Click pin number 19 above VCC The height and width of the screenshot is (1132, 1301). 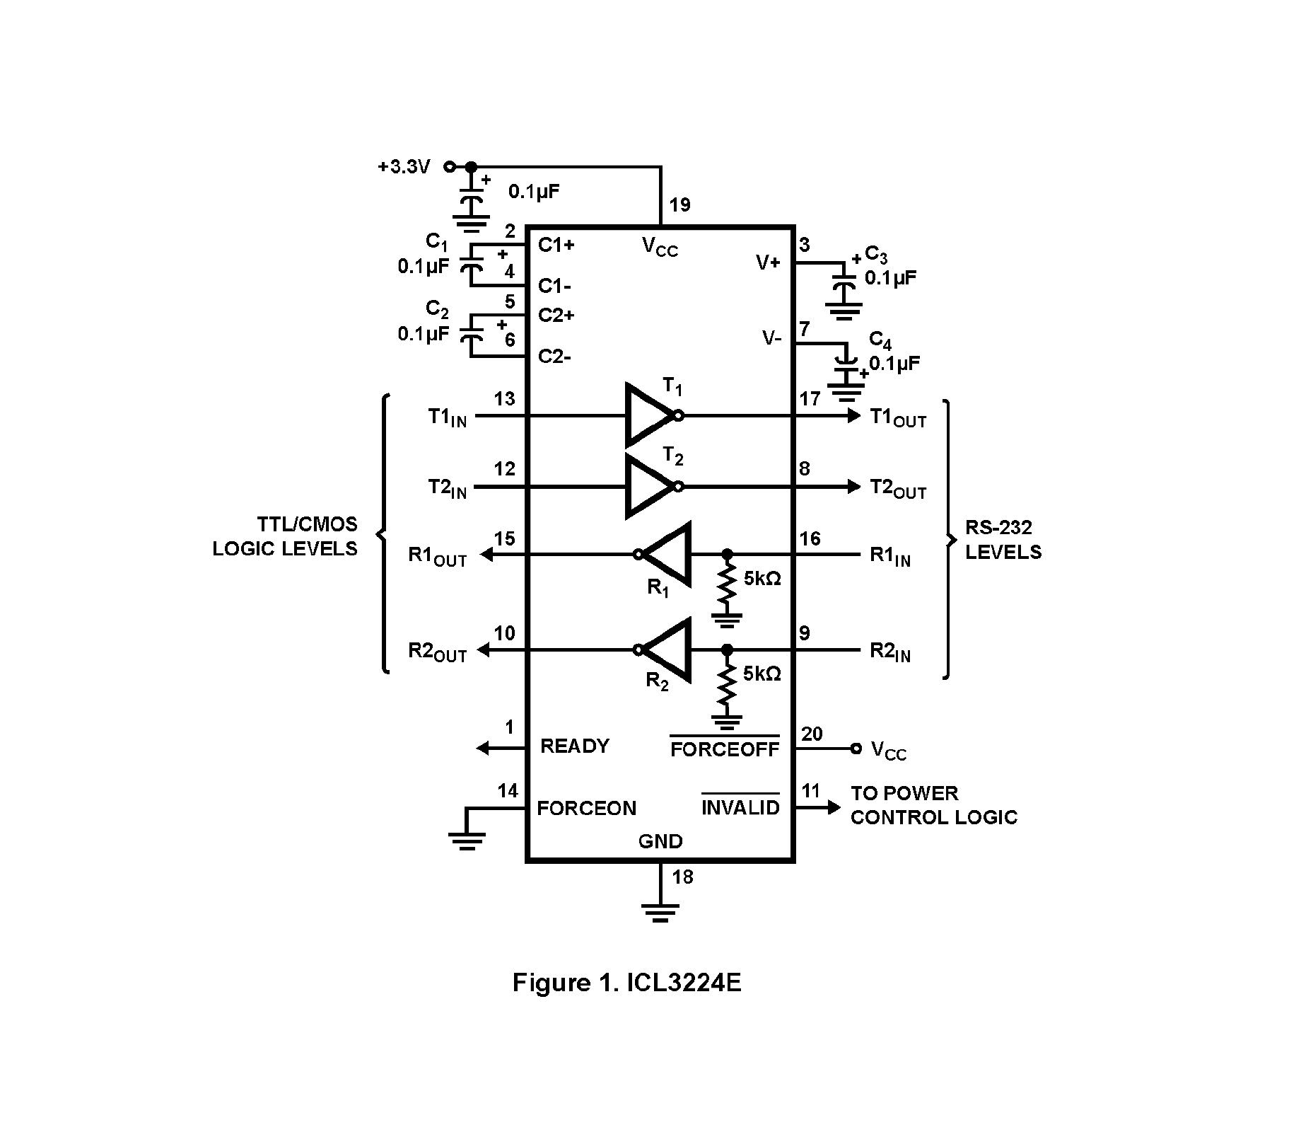click(x=679, y=205)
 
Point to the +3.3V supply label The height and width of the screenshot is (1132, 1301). click(x=404, y=167)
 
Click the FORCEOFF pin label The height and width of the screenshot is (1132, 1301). click(x=725, y=749)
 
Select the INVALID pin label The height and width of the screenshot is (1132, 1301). click(x=740, y=807)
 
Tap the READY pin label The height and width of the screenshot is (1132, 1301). click(x=574, y=746)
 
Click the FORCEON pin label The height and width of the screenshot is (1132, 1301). click(x=586, y=808)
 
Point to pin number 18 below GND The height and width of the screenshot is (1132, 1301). click(x=682, y=877)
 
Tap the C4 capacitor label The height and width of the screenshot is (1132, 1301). click(x=880, y=340)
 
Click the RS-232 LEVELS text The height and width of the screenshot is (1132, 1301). click(x=1003, y=539)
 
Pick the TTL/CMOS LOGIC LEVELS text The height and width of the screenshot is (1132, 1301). click(x=286, y=536)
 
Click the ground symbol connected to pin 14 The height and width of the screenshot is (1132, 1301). click(x=467, y=838)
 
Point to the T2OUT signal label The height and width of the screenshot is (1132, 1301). click(x=897, y=488)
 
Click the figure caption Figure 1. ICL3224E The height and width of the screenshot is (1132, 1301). click(x=626, y=983)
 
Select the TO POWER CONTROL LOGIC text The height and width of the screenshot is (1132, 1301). click(x=933, y=805)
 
